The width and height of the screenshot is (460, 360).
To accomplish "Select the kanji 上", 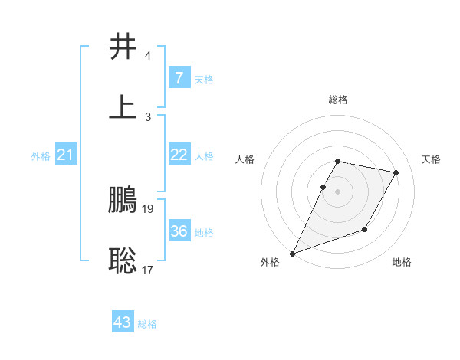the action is (x=123, y=106).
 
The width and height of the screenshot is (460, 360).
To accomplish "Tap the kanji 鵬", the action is (x=123, y=201).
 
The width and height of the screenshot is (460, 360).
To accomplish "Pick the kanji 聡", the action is (x=123, y=260).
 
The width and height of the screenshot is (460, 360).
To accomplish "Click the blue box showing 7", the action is (x=179, y=78).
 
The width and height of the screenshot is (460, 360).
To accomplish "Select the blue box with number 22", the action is (x=179, y=155).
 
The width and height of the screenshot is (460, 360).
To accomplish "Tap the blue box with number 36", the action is (x=179, y=231).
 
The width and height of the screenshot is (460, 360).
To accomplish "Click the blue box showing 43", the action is (x=123, y=322).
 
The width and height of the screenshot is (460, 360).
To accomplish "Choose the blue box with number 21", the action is (x=65, y=155).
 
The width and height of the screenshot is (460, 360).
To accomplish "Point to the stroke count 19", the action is (x=149, y=208).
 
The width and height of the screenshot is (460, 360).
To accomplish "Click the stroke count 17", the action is (x=149, y=270).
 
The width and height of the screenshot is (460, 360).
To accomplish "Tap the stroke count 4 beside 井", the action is (x=148, y=57).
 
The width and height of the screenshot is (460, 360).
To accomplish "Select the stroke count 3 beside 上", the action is (x=148, y=116).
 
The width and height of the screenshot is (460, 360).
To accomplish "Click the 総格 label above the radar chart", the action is (x=337, y=100).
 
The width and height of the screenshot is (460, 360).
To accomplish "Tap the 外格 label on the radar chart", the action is (x=270, y=263).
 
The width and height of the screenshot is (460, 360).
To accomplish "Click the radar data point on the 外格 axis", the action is (x=292, y=253).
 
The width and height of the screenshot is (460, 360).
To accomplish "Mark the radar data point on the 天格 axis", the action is (x=396, y=173).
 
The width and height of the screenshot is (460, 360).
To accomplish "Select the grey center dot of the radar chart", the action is (x=337, y=191).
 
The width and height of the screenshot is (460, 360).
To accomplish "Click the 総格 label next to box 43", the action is (x=147, y=324).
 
